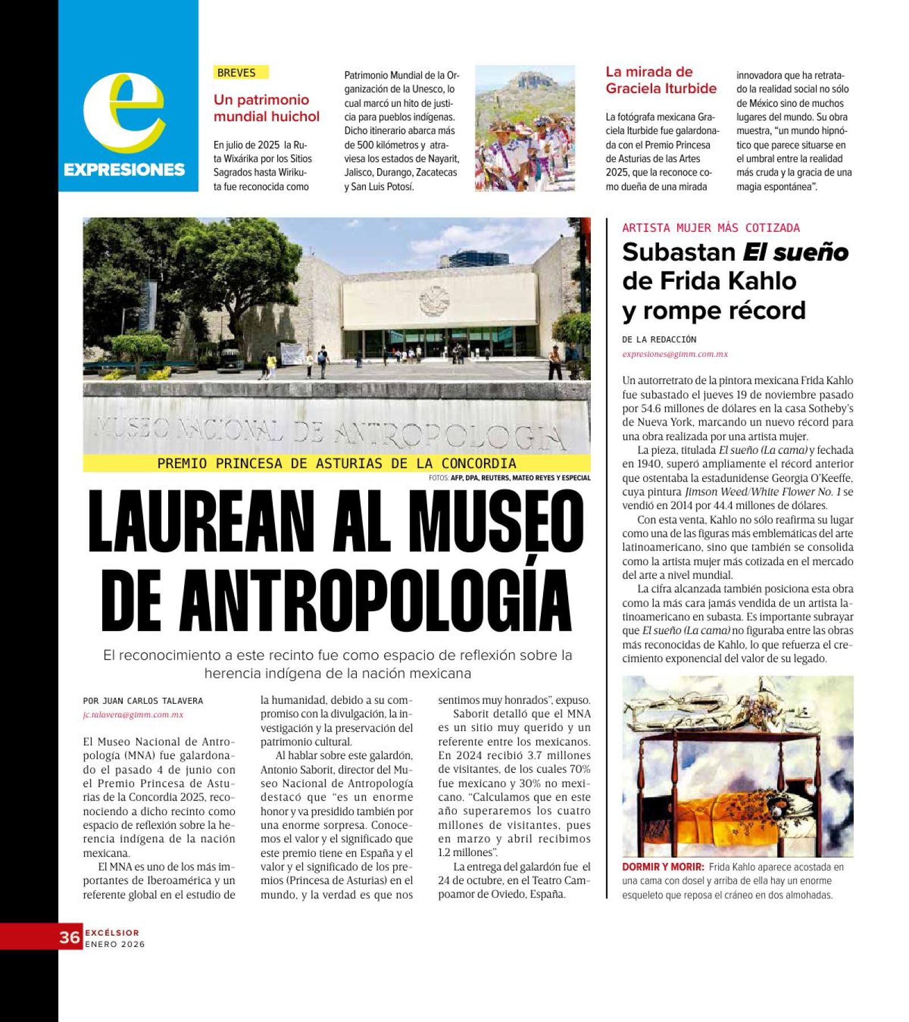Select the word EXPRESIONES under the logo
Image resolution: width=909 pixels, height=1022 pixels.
[x=124, y=169]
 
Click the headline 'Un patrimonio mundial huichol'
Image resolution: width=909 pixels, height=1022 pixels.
[x=266, y=108]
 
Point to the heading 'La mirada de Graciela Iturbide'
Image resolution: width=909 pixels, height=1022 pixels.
[x=661, y=80]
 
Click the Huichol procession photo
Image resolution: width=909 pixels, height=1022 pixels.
[x=524, y=128]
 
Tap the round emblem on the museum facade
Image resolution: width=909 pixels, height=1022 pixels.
[x=434, y=301]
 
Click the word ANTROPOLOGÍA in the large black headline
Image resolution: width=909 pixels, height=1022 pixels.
[x=376, y=600]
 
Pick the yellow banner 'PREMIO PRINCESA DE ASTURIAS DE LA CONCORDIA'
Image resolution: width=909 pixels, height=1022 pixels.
[x=336, y=464]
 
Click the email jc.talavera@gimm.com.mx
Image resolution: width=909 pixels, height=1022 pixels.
[x=133, y=715]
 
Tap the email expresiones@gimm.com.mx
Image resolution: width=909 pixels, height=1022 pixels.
[x=674, y=354]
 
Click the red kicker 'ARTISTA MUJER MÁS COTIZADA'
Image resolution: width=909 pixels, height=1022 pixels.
[x=710, y=228]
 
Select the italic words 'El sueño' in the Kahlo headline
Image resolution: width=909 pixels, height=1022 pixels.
[x=795, y=253]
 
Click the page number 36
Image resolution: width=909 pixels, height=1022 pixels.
[x=70, y=937]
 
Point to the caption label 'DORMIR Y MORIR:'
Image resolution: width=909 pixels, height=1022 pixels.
[x=662, y=867]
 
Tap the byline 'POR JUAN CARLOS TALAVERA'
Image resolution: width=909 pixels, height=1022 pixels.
[x=143, y=701]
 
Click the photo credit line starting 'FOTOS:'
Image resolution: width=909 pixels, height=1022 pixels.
[x=510, y=478]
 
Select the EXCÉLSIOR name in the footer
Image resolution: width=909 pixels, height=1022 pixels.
[x=112, y=932]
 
